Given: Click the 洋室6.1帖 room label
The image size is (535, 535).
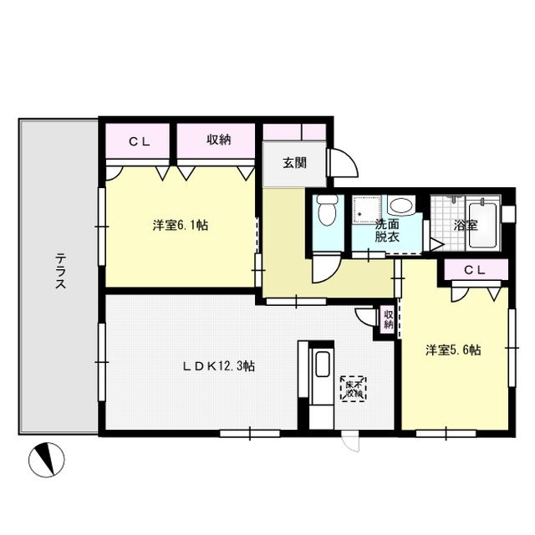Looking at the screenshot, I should click(180, 226).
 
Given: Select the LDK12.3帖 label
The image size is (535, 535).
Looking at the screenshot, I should click(220, 366).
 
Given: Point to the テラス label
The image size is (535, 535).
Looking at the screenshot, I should click(60, 271).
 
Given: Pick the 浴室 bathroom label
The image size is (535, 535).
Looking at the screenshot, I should click(466, 225).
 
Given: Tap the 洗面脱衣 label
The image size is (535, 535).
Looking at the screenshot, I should click(386, 231).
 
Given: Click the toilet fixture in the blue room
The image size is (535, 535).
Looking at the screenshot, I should click(328, 211).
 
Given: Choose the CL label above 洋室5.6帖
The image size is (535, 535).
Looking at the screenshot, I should click(474, 269).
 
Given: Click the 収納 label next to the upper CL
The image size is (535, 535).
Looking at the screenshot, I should click(218, 140).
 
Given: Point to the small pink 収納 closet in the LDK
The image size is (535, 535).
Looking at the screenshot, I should click(387, 319).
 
